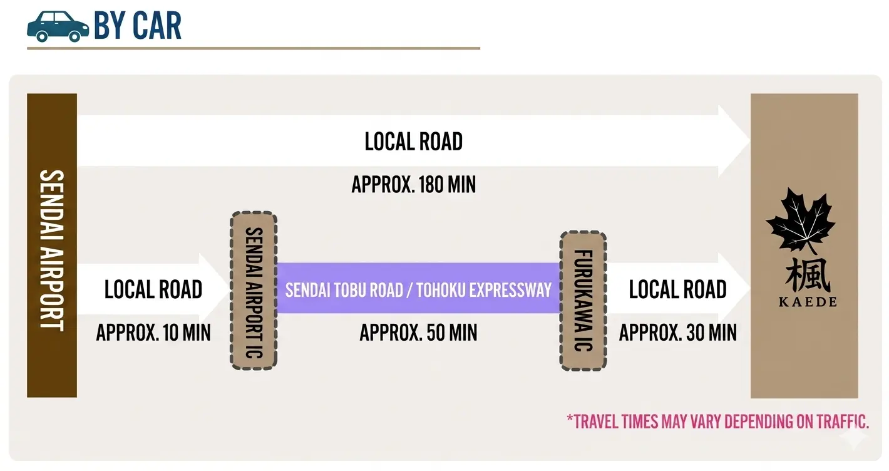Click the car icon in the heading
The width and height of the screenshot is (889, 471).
[x=58, y=26]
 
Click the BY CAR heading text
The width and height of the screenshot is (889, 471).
[x=138, y=26]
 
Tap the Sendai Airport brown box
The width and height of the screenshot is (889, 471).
[x=52, y=246]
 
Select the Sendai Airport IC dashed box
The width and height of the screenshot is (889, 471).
[x=254, y=291]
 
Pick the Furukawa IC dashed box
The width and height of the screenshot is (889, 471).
[x=583, y=301]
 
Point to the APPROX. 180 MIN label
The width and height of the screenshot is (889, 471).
[x=414, y=185]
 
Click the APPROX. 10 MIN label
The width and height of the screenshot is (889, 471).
[x=153, y=333]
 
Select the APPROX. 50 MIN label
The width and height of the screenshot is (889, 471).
[x=418, y=333]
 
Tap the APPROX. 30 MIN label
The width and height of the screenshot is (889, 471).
[x=678, y=333]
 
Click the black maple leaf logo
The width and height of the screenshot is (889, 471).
[x=801, y=219]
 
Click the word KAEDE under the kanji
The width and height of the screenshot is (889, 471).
[x=808, y=302]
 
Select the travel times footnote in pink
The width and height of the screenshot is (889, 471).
[x=717, y=422]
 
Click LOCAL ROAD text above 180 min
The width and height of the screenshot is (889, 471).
[x=414, y=142]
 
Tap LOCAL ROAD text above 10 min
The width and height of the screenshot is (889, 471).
[x=153, y=289]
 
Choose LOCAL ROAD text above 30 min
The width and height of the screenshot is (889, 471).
[x=678, y=289]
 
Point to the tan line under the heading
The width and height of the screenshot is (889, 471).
[x=253, y=48]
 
